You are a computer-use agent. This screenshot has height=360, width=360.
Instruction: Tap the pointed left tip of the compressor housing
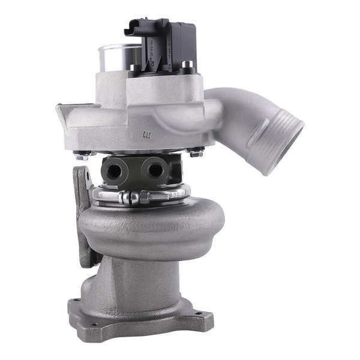[58, 108]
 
